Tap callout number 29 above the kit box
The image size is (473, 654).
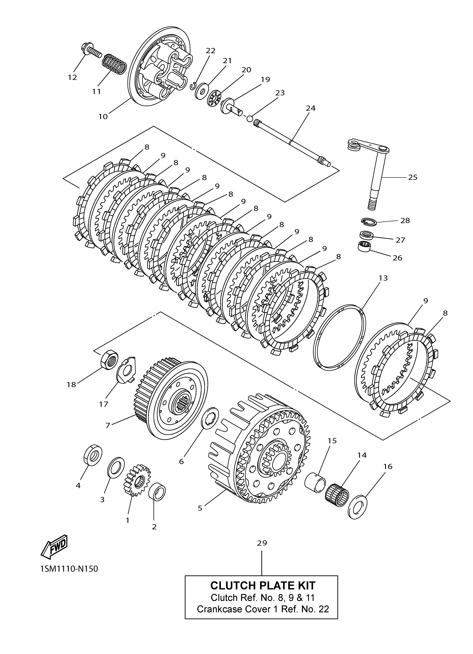pos(262,543)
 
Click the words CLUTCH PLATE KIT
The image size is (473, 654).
pos(263,585)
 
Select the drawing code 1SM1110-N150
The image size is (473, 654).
pos(69,569)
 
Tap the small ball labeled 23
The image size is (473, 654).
pos(250,118)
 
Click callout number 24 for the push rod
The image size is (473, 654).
pos(310,108)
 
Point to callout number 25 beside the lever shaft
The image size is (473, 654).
pos(412,177)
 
